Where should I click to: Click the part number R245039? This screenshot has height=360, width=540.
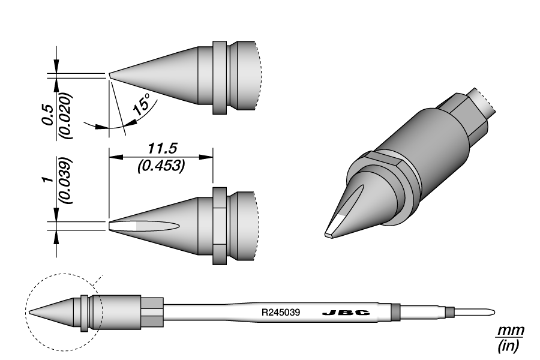tap(281, 313)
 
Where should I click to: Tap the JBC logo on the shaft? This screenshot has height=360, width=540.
tap(345, 313)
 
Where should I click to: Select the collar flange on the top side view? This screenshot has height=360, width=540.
tap(220, 77)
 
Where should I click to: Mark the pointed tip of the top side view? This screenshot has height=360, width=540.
tap(110, 76)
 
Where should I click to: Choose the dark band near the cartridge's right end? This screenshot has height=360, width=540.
tap(395, 312)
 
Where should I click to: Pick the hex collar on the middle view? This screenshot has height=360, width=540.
tap(220, 226)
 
